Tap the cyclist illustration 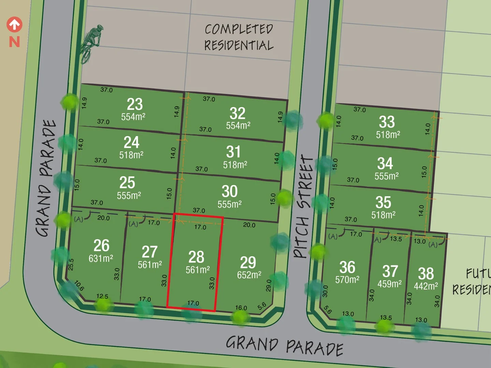click(x=90, y=44)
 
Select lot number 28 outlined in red click(x=196, y=257)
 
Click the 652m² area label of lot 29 click(x=249, y=275)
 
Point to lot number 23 click(x=134, y=104)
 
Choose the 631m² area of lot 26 click(x=101, y=259)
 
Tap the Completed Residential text click(x=239, y=37)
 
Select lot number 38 click(x=426, y=274)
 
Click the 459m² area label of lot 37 click(x=389, y=284)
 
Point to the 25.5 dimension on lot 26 click(x=71, y=265)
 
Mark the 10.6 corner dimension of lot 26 click(x=79, y=286)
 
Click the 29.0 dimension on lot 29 click(x=269, y=286)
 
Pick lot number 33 click(x=387, y=122)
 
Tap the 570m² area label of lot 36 click(x=347, y=280)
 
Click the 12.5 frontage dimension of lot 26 click(x=102, y=296)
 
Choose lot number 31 click(x=233, y=152)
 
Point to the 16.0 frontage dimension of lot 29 click(x=241, y=308)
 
